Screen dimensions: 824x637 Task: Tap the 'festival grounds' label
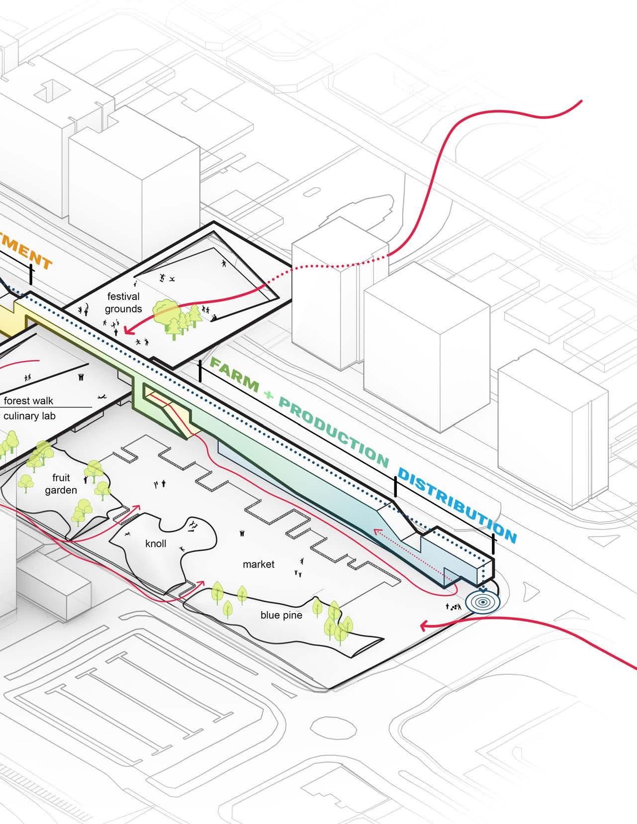coord(123,302)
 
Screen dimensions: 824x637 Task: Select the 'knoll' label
coord(156,544)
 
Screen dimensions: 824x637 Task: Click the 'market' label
coord(259,564)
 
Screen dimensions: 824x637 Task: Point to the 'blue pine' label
coord(281,615)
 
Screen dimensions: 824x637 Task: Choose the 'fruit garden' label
coord(61,484)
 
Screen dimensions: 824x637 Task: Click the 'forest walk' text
coord(28,401)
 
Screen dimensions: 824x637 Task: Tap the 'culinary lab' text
coord(29,416)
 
